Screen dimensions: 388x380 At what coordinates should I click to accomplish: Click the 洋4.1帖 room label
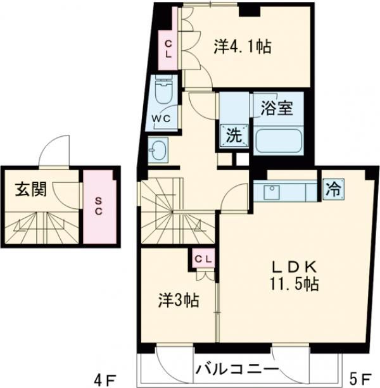243,46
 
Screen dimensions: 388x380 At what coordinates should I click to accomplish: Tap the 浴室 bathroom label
276,108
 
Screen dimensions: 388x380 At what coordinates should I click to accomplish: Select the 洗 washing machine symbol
234,134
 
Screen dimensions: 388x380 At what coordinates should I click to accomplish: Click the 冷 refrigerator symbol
332,189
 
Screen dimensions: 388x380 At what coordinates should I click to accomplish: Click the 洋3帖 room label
178,300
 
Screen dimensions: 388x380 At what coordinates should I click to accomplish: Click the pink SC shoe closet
99,206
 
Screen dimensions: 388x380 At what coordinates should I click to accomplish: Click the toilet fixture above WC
164,92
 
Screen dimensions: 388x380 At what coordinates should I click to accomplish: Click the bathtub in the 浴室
279,140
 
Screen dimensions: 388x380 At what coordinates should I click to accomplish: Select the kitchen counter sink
272,190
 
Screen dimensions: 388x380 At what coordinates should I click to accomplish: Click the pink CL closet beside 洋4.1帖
168,49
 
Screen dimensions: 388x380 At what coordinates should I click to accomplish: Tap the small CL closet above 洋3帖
203,258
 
